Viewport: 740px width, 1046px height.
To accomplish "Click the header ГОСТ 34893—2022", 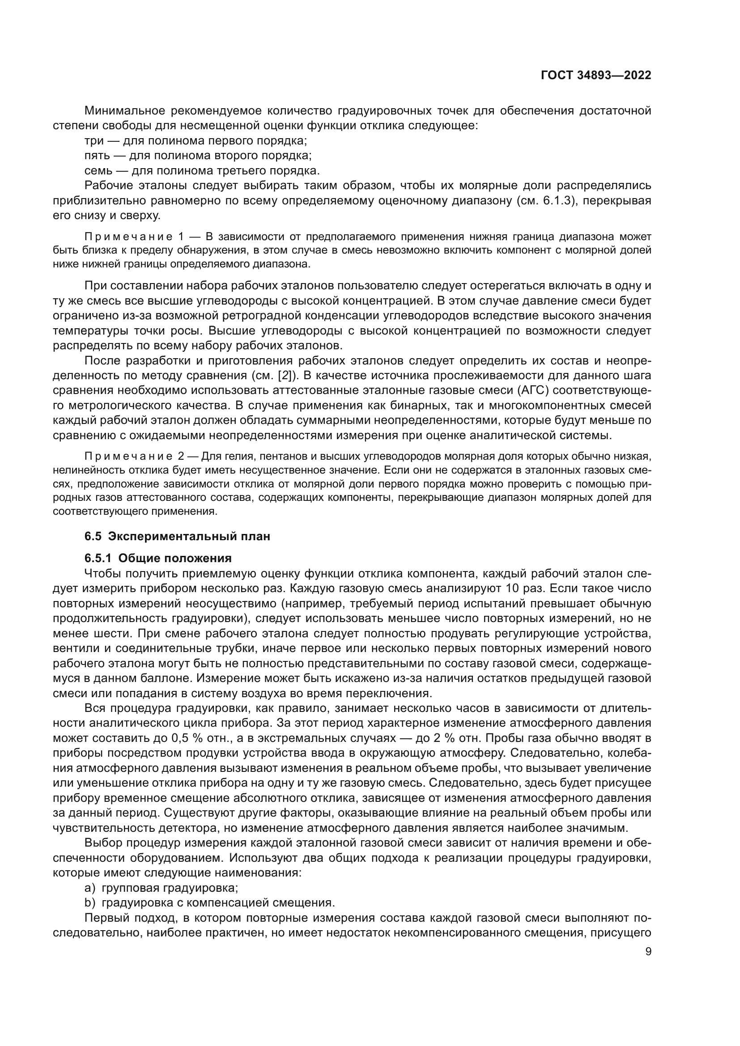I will click(x=595, y=76).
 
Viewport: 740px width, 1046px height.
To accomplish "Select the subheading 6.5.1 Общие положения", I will click(x=158, y=558).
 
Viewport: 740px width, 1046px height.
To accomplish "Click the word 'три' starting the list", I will click(x=94, y=140).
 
